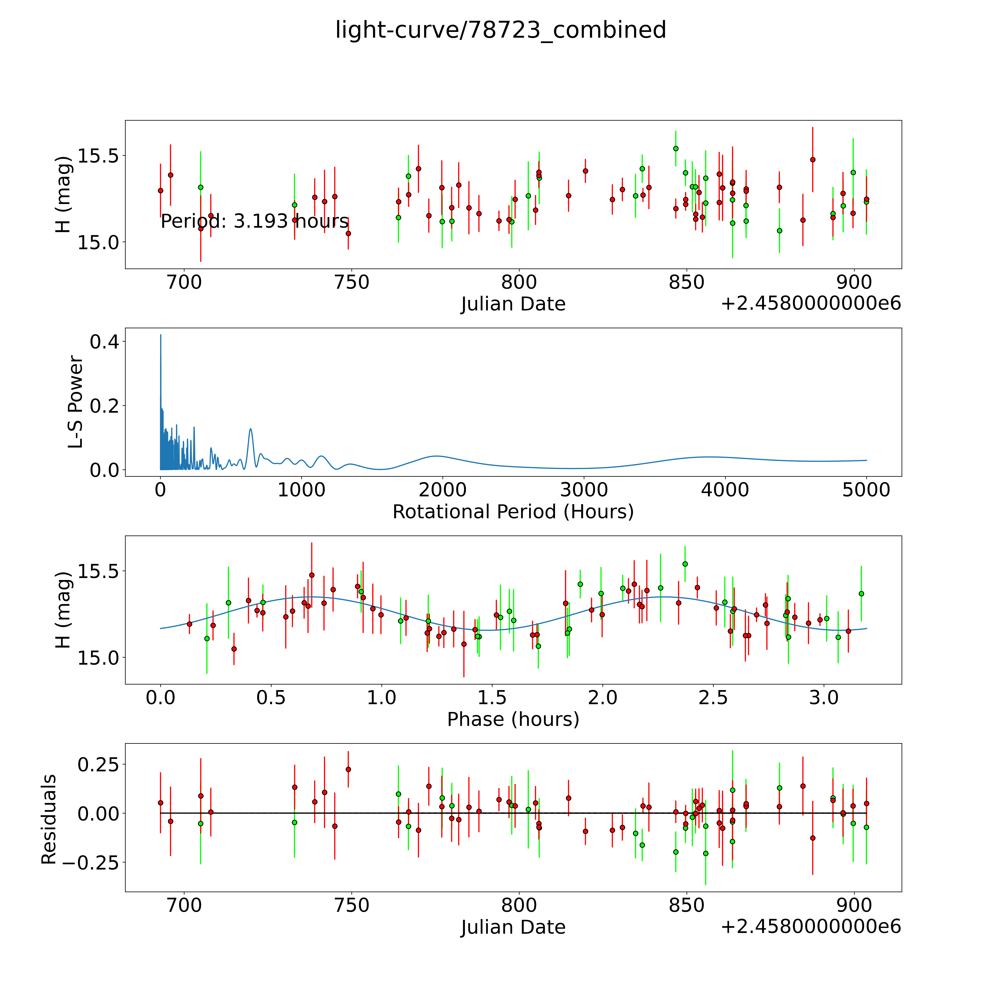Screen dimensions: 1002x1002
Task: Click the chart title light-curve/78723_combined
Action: click(x=500, y=30)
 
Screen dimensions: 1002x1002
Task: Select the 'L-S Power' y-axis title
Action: click(x=76, y=402)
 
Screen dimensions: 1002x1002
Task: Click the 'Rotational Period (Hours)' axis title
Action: click(x=513, y=512)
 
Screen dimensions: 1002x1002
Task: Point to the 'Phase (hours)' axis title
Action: click(x=513, y=719)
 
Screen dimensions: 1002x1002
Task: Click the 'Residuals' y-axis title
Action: click(x=49, y=819)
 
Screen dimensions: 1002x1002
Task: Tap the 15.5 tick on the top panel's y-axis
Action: click(x=99, y=156)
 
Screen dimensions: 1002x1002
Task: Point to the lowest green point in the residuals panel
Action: click(x=705, y=853)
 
